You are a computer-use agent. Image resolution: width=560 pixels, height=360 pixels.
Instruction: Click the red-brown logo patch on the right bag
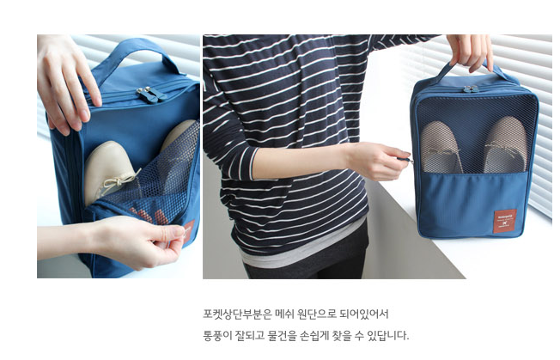(x=505, y=222)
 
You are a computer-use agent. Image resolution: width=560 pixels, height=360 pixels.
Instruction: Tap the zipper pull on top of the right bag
(x=471, y=89)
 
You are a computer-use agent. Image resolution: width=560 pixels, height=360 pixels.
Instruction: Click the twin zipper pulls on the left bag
(x=150, y=95)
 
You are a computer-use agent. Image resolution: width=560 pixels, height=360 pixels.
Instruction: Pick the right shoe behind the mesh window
(x=506, y=144)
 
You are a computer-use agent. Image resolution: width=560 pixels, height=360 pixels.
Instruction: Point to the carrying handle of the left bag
(x=134, y=53)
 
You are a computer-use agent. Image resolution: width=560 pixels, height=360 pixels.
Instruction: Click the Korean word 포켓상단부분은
(x=238, y=314)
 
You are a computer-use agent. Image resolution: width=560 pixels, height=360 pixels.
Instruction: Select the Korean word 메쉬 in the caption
(x=284, y=314)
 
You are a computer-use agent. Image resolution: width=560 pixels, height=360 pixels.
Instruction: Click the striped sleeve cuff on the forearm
(x=253, y=163)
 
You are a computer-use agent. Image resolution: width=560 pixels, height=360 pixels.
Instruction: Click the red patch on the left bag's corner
(x=189, y=232)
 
